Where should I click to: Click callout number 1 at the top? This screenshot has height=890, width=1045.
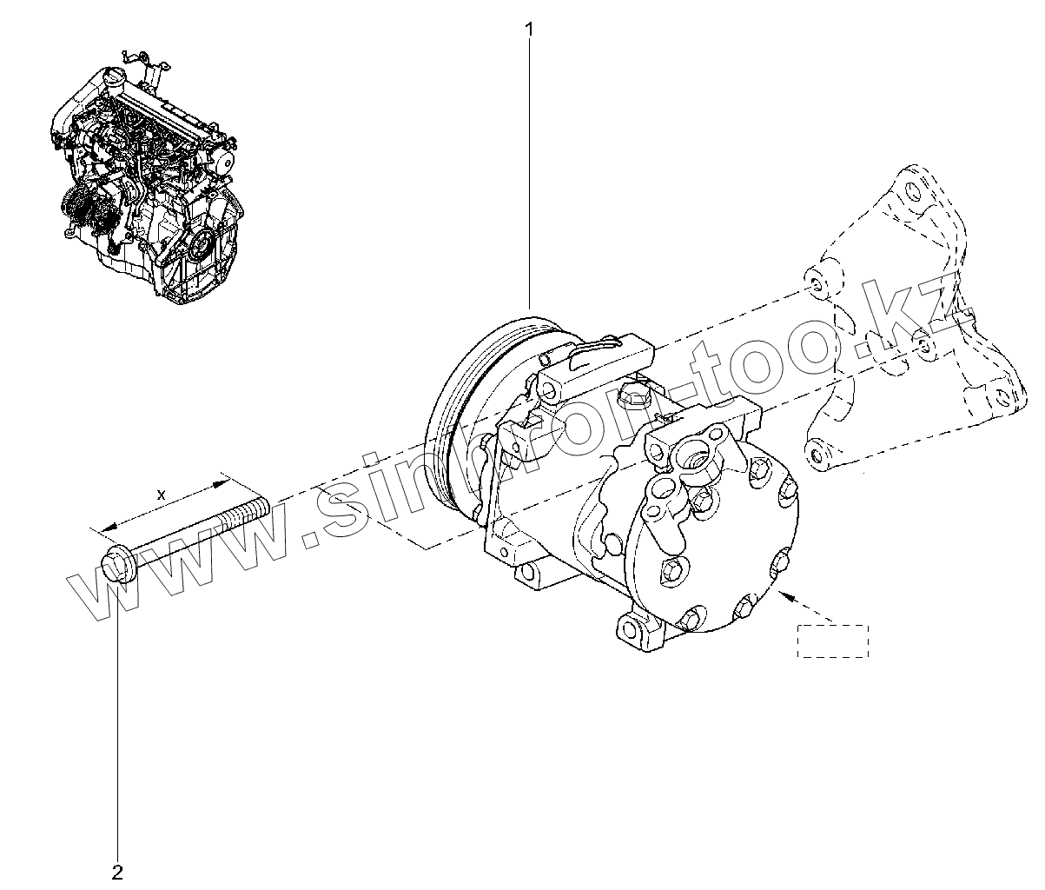(529, 29)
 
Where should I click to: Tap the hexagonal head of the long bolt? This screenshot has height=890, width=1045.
(115, 563)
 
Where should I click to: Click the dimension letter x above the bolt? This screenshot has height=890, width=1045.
(161, 494)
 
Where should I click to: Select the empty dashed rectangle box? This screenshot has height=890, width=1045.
(832, 641)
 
